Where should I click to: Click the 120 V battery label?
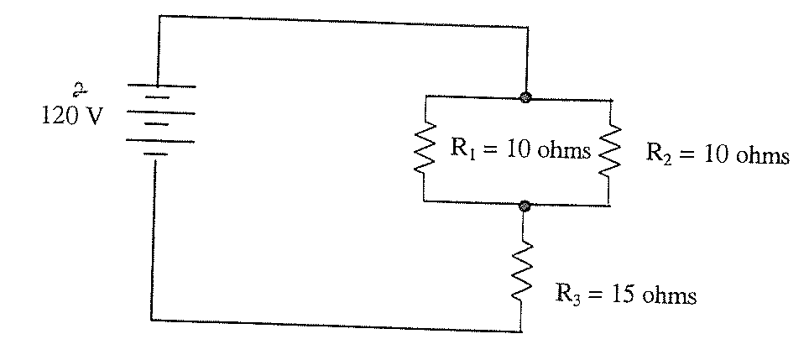(72, 116)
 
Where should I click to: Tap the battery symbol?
(160, 121)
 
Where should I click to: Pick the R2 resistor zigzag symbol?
(609, 152)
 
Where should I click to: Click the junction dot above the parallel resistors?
(525, 97)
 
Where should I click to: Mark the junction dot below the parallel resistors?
(524, 206)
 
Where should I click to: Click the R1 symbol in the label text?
(463, 149)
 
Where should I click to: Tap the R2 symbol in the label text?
(658, 154)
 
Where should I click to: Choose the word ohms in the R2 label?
(763, 154)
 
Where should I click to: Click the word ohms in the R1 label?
(563, 149)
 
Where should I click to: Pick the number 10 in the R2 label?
(715, 154)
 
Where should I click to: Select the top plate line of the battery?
(160, 86)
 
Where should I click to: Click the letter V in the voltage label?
(93, 117)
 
